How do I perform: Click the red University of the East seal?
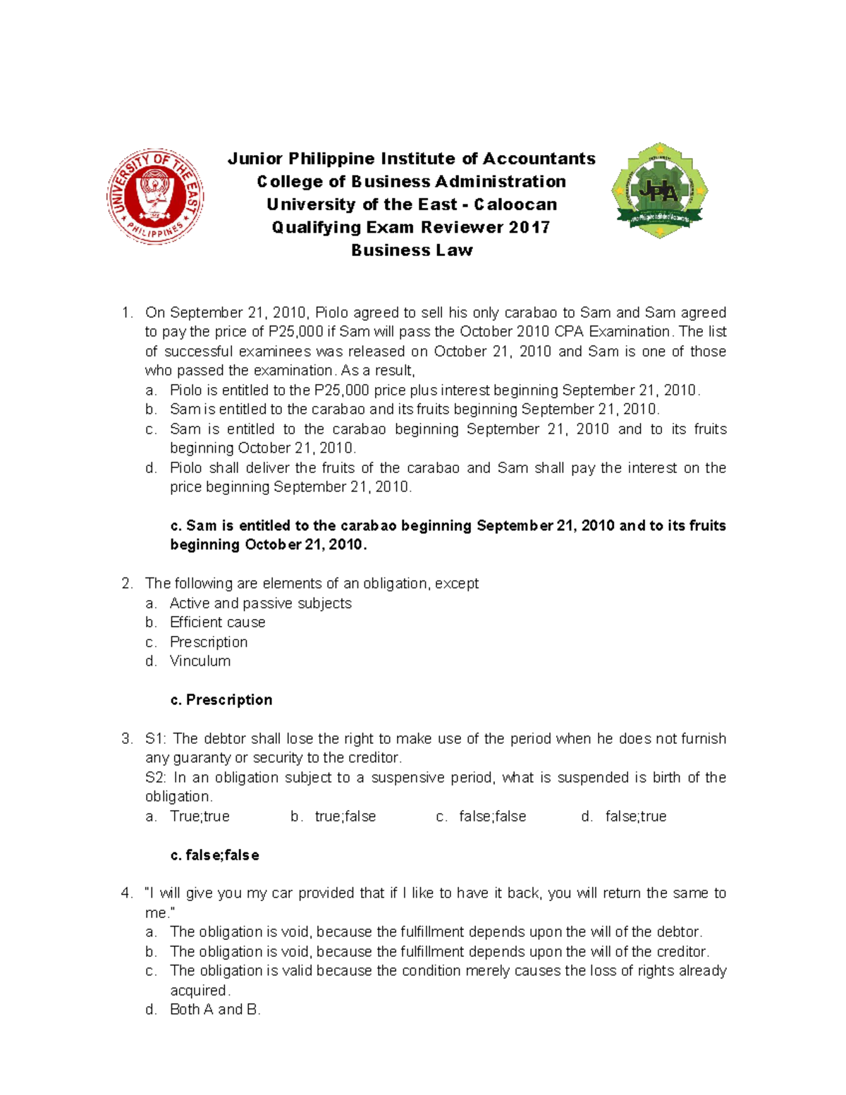point(155,197)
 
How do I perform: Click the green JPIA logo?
point(659,190)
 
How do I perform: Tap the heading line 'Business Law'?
point(412,250)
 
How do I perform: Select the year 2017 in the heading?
point(529,227)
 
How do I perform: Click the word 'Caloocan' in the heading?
point(515,204)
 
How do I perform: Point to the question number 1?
point(126,312)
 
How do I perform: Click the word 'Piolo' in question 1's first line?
point(331,312)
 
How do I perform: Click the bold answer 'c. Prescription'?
point(221,699)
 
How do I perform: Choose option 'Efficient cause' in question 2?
point(217,622)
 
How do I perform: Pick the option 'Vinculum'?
point(200,661)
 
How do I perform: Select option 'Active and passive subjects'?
point(260,603)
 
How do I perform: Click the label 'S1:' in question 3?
point(157,738)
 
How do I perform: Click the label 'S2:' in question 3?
point(157,777)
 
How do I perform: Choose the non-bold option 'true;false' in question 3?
point(345,816)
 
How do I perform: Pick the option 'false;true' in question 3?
point(635,816)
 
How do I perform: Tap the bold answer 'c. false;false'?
point(215,855)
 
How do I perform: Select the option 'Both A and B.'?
point(215,1009)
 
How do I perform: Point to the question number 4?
point(126,893)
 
